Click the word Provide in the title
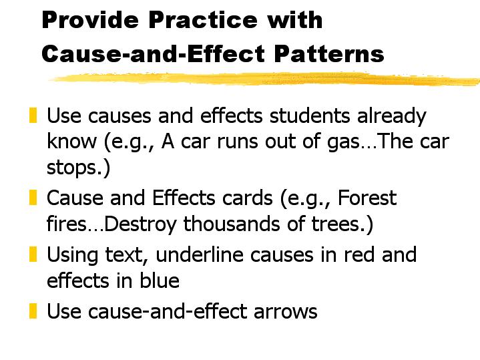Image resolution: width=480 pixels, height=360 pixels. click(90, 20)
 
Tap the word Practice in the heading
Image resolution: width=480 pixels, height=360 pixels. click(203, 20)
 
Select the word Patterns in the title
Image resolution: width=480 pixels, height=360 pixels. click(328, 53)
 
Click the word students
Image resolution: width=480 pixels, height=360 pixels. click(310, 116)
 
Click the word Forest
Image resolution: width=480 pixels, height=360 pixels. click(367, 198)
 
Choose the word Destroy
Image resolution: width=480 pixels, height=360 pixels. click(140, 224)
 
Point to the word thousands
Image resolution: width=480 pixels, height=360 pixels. click(232, 224)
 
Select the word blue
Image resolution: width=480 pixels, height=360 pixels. click(160, 281)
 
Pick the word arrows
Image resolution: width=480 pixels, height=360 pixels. click(285, 312)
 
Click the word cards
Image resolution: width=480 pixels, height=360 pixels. click(247, 198)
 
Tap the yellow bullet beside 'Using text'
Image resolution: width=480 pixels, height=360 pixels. click(33, 254)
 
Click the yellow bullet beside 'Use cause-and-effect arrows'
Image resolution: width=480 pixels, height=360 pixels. click(33, 311)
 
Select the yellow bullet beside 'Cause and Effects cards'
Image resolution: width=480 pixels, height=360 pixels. click(33, 198)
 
